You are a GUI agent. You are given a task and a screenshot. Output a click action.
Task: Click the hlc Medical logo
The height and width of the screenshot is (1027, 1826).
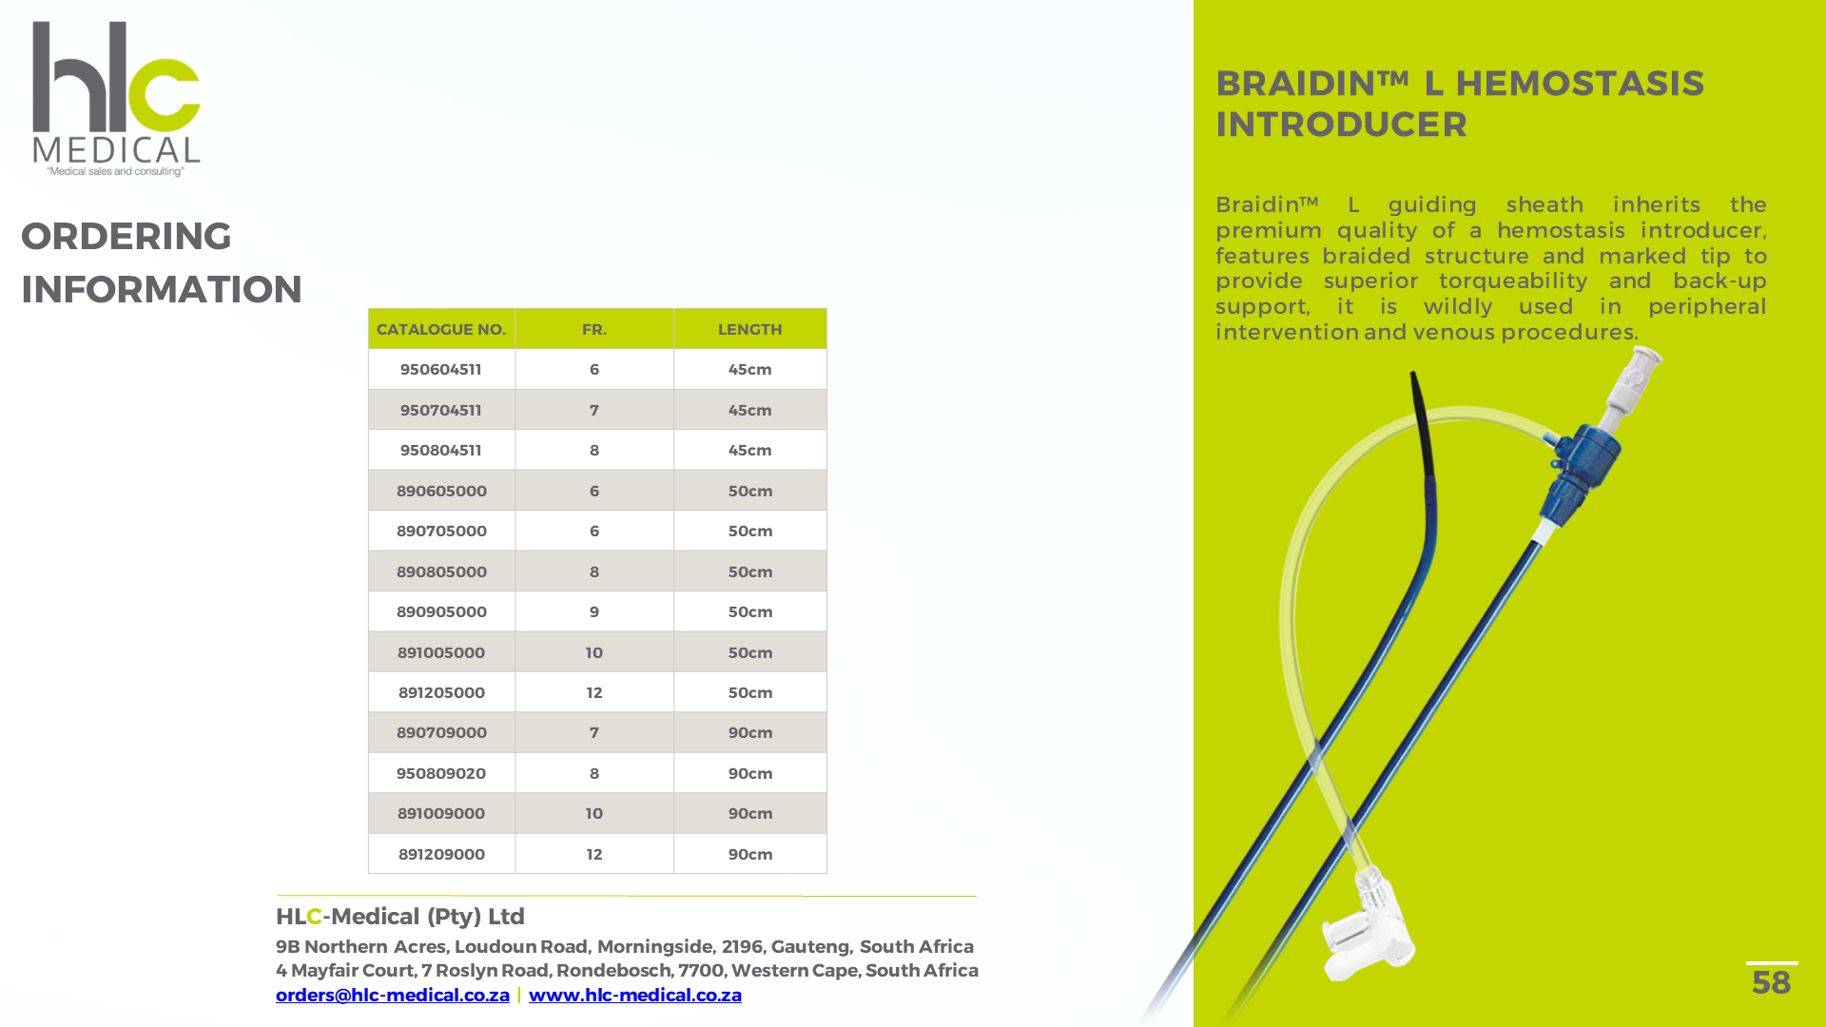[x=116, y=98]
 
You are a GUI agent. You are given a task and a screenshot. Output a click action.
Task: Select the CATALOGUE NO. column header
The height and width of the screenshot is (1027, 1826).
[x=441, y=329]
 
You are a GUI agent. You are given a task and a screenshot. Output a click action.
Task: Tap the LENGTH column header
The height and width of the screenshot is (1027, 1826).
[x=749, y=329]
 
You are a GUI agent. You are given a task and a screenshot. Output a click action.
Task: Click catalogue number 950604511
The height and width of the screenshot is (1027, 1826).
[x=441, y=369]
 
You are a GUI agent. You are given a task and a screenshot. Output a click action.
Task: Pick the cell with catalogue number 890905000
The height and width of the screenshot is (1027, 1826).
[x=441, y=611]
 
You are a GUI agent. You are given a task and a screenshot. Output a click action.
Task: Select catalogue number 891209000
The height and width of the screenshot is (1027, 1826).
[x=441, y=854]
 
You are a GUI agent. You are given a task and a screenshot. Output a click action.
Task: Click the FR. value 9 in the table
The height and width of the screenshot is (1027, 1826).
[x=594, y=611]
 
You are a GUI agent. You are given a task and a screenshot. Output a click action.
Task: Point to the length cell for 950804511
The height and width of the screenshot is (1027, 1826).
[x=749, y=450]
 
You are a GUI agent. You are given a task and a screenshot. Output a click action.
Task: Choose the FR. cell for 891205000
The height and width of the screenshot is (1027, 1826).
[x=594, y=692]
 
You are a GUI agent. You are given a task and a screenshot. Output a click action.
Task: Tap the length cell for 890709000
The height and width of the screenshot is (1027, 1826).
[x=749, y=732]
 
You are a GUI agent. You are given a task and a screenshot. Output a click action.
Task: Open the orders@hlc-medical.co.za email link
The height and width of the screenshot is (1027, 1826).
[x=392, y=995]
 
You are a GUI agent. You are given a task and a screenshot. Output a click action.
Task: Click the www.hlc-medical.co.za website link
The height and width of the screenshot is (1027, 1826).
[x=634, y=995]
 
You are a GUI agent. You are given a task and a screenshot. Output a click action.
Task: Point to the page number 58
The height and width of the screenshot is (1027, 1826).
[x=1771, y=982]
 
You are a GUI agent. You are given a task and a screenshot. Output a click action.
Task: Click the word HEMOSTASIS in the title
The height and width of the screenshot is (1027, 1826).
[x=1580, y=84]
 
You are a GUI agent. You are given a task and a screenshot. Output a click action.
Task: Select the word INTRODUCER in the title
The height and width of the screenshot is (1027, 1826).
[x=1341, y=125]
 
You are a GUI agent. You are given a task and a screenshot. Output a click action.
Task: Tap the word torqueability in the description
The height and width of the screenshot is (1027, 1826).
[x=1512, y=281]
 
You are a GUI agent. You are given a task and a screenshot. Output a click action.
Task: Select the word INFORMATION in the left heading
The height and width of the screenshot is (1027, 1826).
[x=162, y=289]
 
